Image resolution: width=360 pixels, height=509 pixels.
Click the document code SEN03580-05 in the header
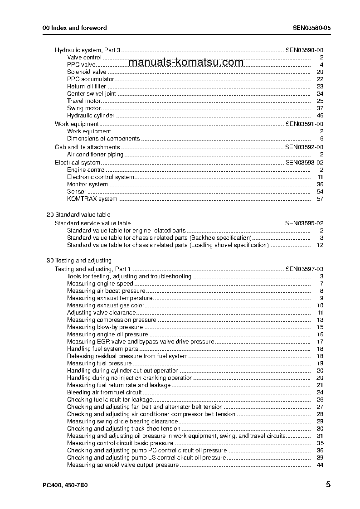[x=311, y=28]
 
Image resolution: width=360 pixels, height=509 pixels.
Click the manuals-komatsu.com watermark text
[x=186, y=63]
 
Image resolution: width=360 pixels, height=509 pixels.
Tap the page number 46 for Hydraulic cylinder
[x=320, y=116]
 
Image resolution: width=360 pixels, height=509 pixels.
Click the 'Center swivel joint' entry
[x=91, y=94]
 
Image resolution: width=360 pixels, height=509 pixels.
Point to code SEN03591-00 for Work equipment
[x=304, y=124]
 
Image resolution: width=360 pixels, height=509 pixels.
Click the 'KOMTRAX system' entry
[x=92, y=199]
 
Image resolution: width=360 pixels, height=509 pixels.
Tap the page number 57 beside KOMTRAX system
[x=320, y=199]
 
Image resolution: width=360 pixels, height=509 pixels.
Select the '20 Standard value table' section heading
[x=78, y=215]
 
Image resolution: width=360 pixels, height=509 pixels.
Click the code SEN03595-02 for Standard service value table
[x=304, y=223]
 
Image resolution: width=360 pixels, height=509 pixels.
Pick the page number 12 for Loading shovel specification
[x=320, y=245]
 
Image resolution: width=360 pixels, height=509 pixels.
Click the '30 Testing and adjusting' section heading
[x=79, y=261]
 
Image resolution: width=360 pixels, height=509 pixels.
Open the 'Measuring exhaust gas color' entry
[x=106, y=305]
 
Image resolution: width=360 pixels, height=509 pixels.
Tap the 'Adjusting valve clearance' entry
[x=101, y=313]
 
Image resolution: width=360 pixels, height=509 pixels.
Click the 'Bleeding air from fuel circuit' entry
[x=104, y=393]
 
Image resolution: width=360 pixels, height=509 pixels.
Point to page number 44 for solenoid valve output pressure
[x=320, y=465]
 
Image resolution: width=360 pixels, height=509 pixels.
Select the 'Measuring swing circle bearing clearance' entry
[x=122, y=422]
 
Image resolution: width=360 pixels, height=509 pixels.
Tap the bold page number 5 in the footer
[x=328, y=485]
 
